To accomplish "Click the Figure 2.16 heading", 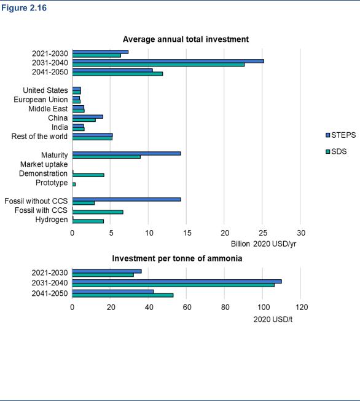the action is point(24,8).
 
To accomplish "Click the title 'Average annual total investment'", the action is point(186,39).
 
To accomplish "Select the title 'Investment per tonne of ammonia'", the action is point(177,258).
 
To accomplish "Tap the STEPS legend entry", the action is point(341,135).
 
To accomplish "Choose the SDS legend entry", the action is point(336,151).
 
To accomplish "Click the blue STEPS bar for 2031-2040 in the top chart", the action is point(168,61).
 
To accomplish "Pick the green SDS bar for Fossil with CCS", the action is point(98,212).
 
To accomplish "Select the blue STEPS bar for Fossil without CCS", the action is point(127,199).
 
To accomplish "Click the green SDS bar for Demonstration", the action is point(88,175).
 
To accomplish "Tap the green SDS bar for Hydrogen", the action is point(88,221).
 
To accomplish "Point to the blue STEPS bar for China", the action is point(88,117).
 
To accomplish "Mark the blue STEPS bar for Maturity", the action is point(127,153).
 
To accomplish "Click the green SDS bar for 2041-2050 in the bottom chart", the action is point(123,295).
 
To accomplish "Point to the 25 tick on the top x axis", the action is point(263,233).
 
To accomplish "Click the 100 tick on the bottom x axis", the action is point(264,307).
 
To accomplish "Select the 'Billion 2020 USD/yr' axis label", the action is point(264,244).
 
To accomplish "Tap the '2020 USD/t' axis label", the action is point(273,319).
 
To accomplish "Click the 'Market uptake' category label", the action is point(44,164).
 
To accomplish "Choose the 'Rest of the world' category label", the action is point(39,137).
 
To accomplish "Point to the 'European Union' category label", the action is point(41,100).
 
